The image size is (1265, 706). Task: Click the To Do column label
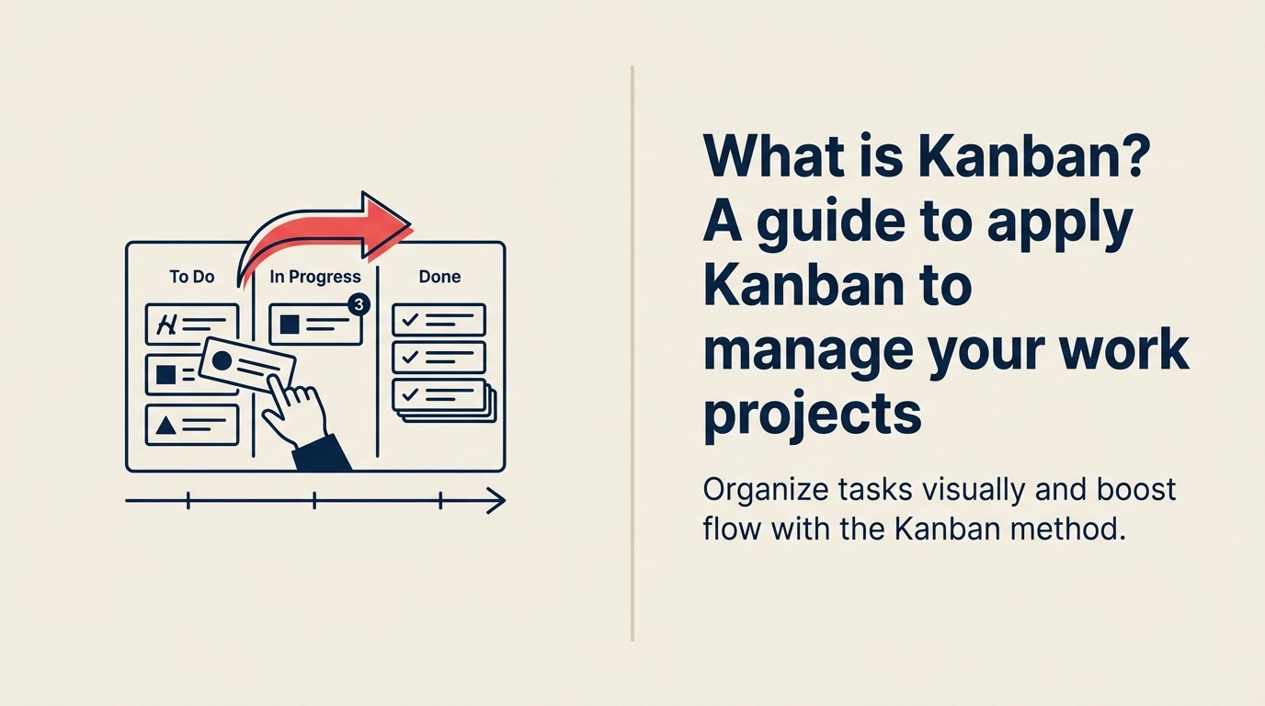192,277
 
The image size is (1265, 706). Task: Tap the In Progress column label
315,277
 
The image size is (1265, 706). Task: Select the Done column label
439,277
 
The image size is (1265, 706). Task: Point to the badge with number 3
359,304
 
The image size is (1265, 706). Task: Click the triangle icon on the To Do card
165,425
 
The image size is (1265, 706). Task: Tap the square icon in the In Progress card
291,325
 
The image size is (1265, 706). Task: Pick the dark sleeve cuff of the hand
322,453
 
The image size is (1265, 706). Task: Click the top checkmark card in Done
439,320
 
